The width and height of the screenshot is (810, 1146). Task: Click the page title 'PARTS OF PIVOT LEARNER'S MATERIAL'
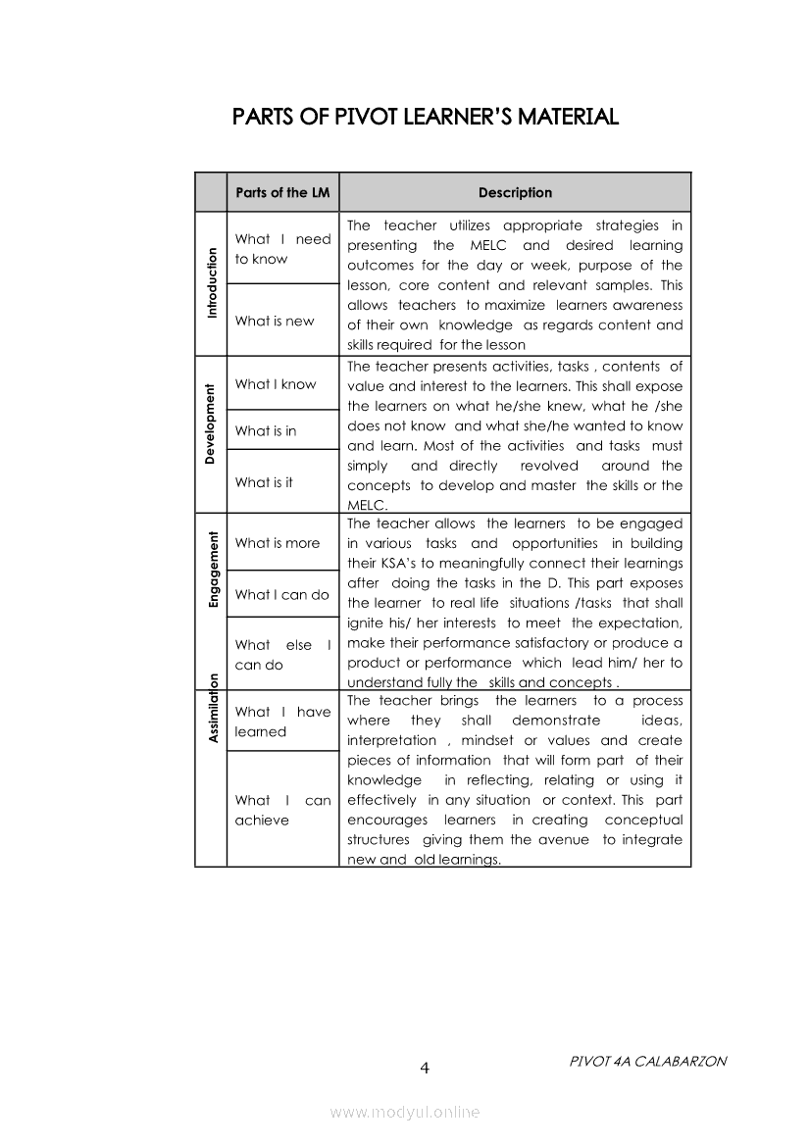(425, 118)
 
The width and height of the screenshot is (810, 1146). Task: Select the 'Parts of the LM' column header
(282, 193)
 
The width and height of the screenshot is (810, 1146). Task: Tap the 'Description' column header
(515, 193)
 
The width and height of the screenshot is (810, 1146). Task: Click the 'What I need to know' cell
(282, 249)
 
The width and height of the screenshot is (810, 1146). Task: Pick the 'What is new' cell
(275, 321)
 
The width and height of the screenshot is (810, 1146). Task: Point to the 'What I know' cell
(276, 384)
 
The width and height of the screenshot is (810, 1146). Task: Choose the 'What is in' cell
(266, 430)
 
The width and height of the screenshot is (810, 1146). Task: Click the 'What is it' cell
(264, 482)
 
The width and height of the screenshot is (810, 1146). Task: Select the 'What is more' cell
(278, 543)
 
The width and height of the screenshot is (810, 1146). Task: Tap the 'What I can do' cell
(282, 594)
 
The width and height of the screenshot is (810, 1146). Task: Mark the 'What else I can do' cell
(282, 655)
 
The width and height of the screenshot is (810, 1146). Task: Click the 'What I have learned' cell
(282, 722)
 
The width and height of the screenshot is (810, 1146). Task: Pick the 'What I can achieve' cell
(282, 810)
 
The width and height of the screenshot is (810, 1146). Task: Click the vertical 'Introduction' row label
(211, 283)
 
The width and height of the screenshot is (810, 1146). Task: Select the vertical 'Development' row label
(211, 424)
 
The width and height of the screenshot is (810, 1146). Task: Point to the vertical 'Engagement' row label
(211, 569)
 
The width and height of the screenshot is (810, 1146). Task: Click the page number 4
(425, 1068)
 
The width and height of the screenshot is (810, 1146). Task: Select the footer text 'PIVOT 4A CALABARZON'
(647, 1062)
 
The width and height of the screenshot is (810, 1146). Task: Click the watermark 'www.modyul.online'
(405, 1112)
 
